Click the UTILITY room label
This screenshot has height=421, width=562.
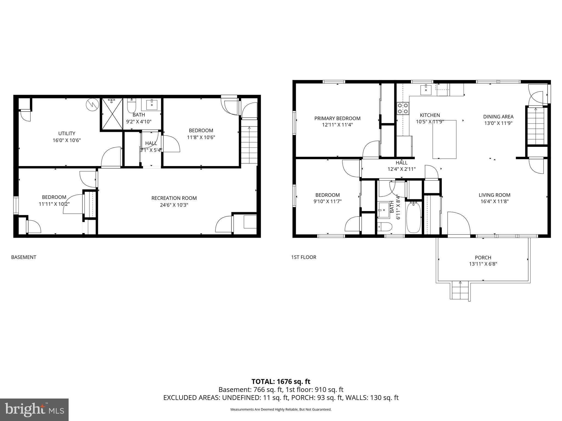pyautogui.click(x=67, y=133)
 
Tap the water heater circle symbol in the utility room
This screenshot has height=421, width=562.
pyautogui.click(x=92, y=105)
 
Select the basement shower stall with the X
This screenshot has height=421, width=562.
pyautogui.click(x=112, y=113)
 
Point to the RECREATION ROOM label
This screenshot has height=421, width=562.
pyautogui.click(x=174, y=198)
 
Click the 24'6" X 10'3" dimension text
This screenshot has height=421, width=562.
pyautogui.click(x=174, y=205)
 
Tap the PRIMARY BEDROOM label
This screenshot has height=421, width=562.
pyautogui.click(x=337, y=118)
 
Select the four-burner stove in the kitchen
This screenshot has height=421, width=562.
pyautogui.click(x=403, y=108)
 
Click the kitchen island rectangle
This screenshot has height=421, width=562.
pyautogui.click(x=444, y=139)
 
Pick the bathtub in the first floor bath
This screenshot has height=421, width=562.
pyautogui.click(x=413, y=217)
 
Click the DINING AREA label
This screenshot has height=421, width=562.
pyautogui.click(x=498, y=117)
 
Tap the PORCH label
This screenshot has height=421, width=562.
pyautogui.click(x=483, y=258)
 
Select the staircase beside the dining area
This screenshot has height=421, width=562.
pyautogui.click(x=536, y=126)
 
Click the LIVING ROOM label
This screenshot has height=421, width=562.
pyautogui.click(x=494, y=195)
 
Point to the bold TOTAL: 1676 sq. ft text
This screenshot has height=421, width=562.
pyautogui.click(x=281, y=382)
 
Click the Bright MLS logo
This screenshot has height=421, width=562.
pyautogui.click(x=34, y=409)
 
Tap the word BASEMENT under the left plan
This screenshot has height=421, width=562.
pyautogui.click(x=24, y=257)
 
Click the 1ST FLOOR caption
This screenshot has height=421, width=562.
pyautogui.click(x=304, y=257)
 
